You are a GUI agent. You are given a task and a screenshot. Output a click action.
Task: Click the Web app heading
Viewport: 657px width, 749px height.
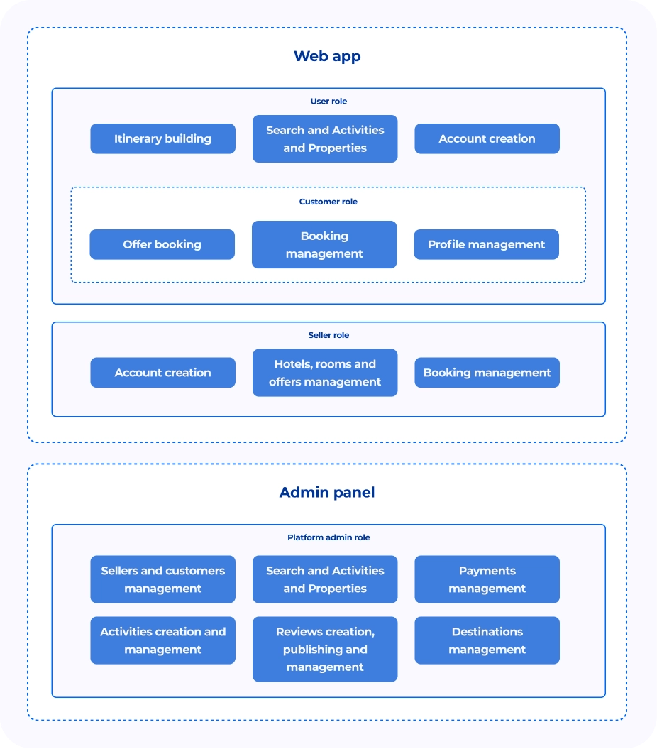pos(327,56)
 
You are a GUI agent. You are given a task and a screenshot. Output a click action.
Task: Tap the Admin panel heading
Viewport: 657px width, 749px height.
pos(327,493)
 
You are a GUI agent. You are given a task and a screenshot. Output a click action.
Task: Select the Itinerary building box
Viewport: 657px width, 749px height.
pos(162,138)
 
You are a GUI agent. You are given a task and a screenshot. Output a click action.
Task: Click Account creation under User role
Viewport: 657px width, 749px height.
pos(487,138)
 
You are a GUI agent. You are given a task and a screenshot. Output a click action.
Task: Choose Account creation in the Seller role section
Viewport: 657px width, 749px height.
pos(162,373)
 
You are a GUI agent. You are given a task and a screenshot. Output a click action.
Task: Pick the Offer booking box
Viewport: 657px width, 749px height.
pos(162,244)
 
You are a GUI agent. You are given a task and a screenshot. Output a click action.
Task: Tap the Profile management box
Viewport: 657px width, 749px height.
pos(487,244)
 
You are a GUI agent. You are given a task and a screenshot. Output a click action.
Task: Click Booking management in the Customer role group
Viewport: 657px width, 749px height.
pos(324,244)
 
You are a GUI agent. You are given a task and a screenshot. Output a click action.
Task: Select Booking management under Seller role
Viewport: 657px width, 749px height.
pos(487,373)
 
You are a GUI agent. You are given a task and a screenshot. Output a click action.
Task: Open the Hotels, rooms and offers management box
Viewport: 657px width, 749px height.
pos(325,373)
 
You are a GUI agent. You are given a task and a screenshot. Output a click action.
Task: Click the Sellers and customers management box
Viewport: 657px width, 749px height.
pos(162,579)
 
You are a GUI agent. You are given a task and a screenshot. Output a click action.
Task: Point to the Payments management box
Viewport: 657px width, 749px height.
pos(487,579)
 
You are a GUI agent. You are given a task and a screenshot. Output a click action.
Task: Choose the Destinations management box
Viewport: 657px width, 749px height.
pos(487,640)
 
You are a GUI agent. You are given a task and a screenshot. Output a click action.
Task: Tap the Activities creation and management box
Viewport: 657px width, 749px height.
pos(162,640)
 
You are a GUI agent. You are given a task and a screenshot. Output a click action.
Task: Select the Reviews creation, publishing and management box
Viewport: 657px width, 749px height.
pos(325,649)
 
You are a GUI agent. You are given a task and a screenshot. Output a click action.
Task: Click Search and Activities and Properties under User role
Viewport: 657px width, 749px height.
pos(325,138)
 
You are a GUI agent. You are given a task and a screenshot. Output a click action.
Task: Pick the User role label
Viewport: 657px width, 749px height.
pos(328,102)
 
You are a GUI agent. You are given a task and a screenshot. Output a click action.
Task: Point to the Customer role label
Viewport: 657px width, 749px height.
pos(328,202)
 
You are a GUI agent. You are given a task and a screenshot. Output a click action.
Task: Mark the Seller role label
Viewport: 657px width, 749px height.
pos(328,335)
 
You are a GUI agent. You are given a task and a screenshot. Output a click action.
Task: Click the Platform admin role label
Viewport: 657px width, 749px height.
pos(328,537)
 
